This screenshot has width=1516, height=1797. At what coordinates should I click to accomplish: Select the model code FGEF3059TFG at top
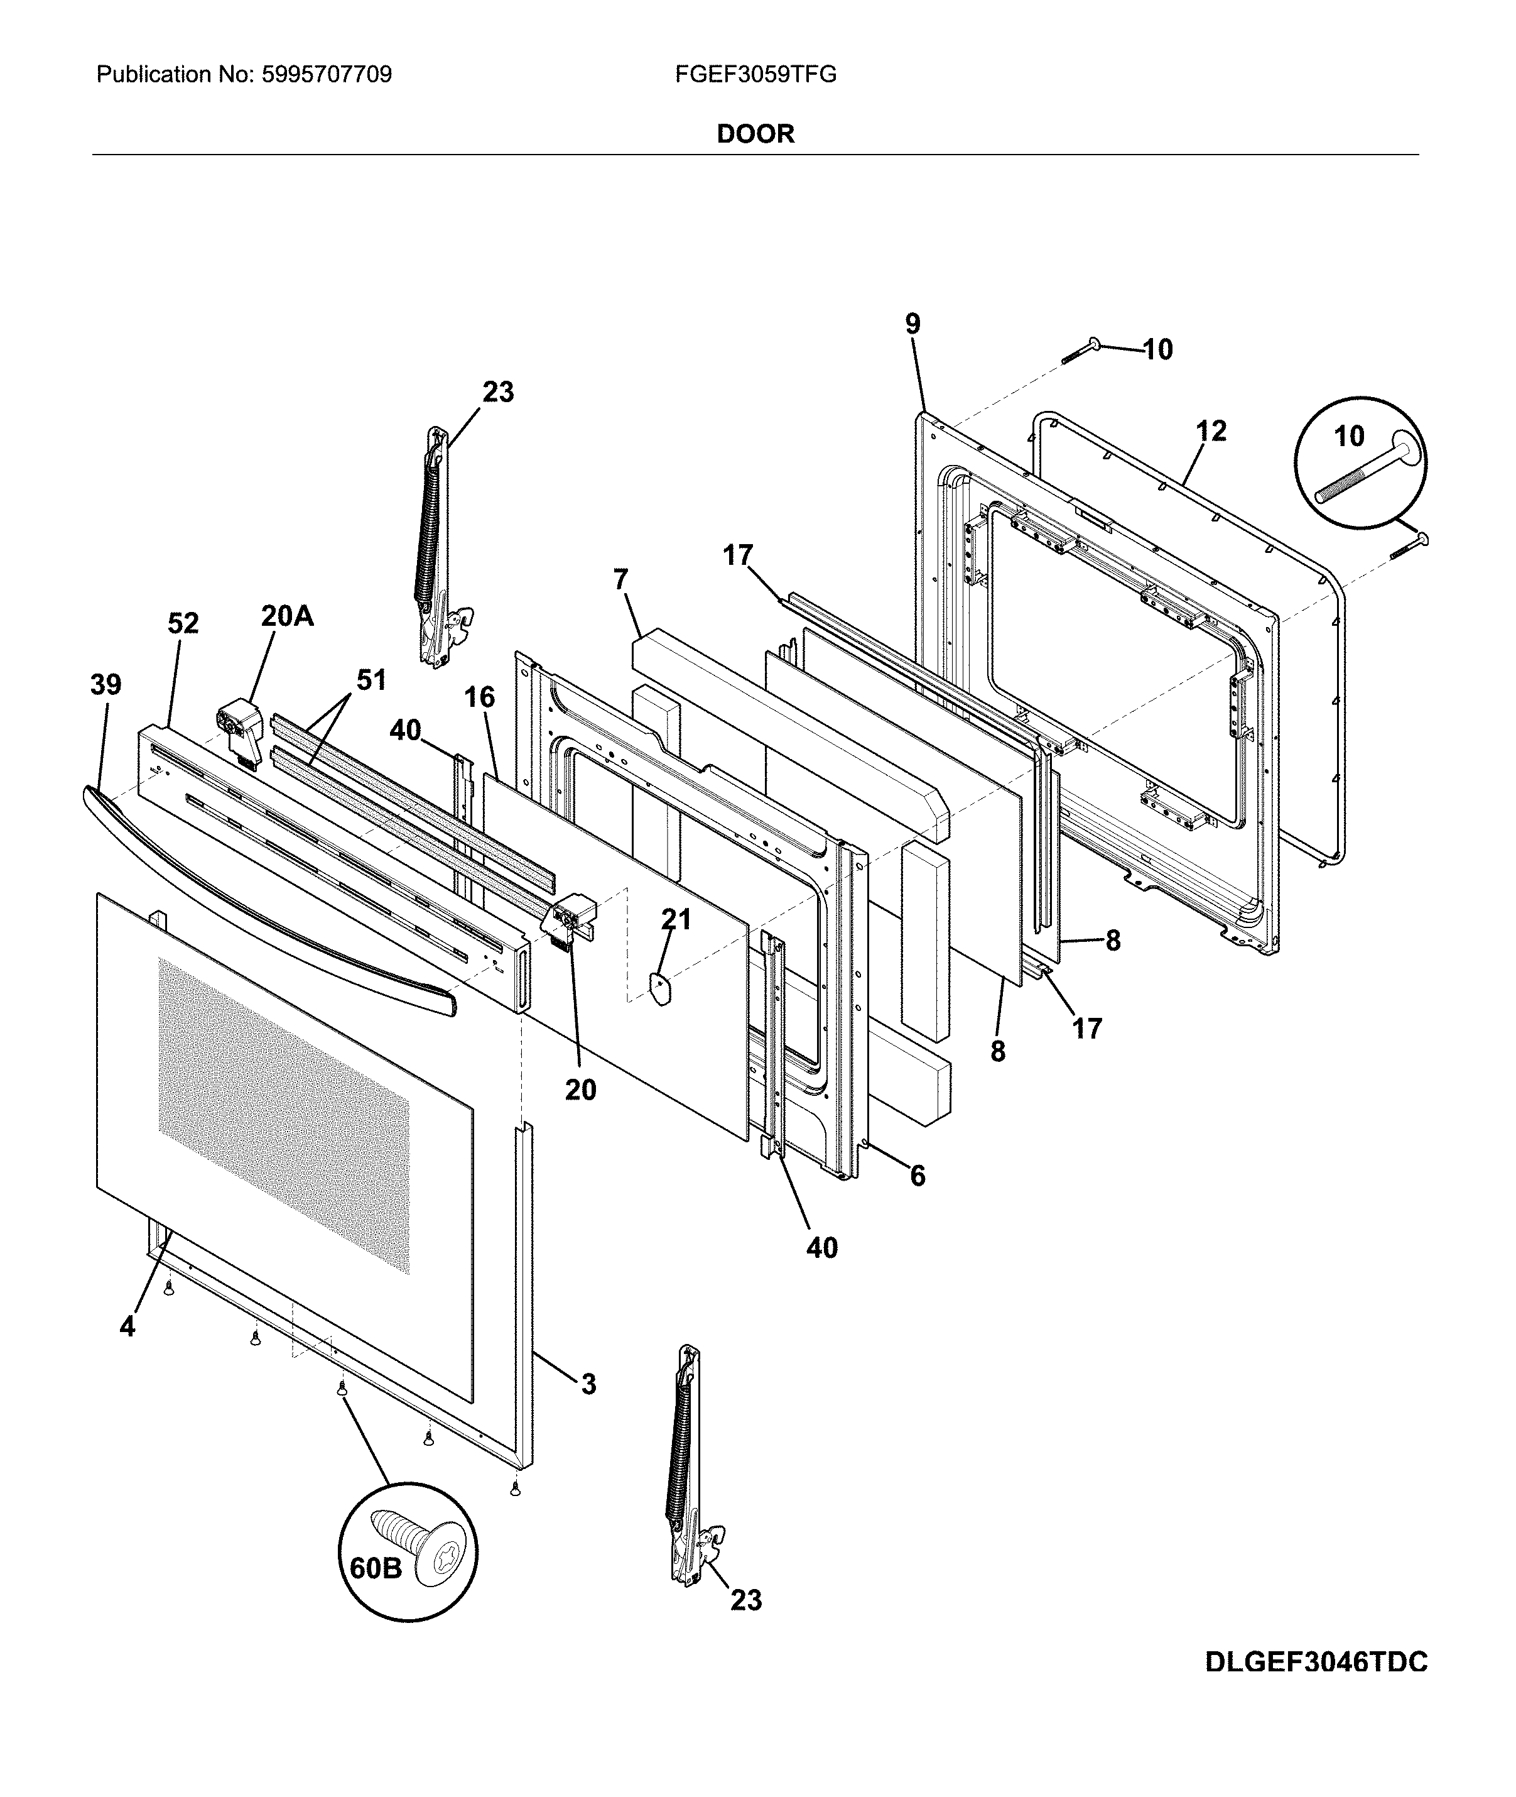tap(755, 75)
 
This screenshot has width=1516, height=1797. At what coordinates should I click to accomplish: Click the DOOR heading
tap(755, 134)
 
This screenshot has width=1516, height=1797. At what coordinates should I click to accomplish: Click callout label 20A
tap(287, 616)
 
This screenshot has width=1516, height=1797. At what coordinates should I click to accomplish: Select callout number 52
tap(183, 623)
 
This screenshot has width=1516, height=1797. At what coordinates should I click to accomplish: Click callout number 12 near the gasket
tap(1211, 431)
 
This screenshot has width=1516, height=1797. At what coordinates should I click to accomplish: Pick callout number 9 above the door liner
tap(912, 324)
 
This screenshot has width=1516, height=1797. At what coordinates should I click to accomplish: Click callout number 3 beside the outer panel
tap(588, 1384)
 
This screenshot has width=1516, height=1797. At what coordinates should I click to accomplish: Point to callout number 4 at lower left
tap(127, 1326)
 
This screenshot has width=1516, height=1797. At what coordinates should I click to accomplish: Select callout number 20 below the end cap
tap(581, 1090)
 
